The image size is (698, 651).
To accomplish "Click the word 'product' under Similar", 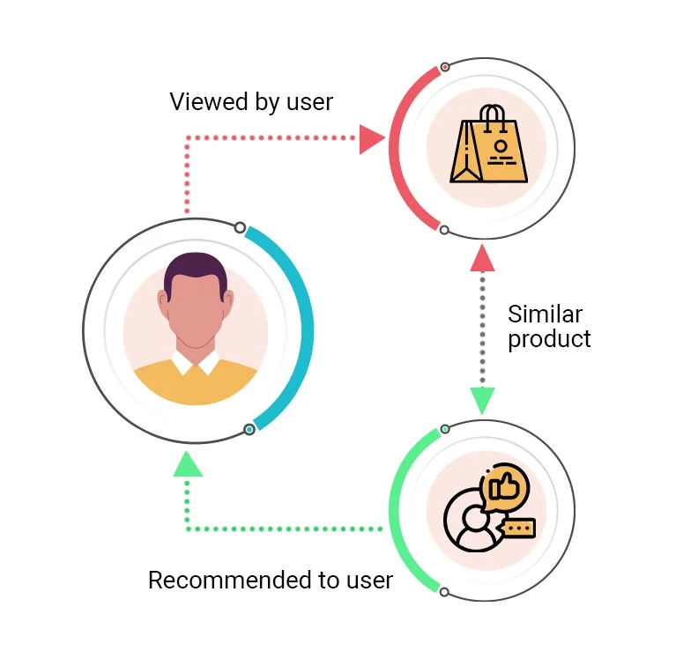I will (x=549, y=339).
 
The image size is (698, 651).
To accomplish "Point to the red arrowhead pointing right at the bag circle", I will (x=371, y=139).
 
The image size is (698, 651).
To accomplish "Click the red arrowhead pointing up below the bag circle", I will (x=481, y=259).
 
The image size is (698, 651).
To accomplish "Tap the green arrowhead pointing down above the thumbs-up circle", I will (x=481, y=400).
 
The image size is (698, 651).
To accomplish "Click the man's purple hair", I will (x=195, y=270).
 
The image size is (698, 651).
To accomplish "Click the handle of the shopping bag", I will (x=493, y=115).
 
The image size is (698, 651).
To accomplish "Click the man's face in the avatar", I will (x=195, y=313).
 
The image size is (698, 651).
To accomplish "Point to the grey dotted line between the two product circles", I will (x=481, y=330).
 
